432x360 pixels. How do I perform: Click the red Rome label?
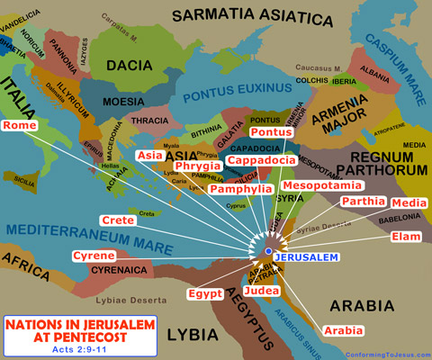click(x=20, y=125)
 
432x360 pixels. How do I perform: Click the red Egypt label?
click(x=205, y=293)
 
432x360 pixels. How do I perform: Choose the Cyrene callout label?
click(x=94, y=256)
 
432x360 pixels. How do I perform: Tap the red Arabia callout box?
click(x=343, y=330)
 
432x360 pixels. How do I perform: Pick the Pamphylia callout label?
click(x=240, y=189)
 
